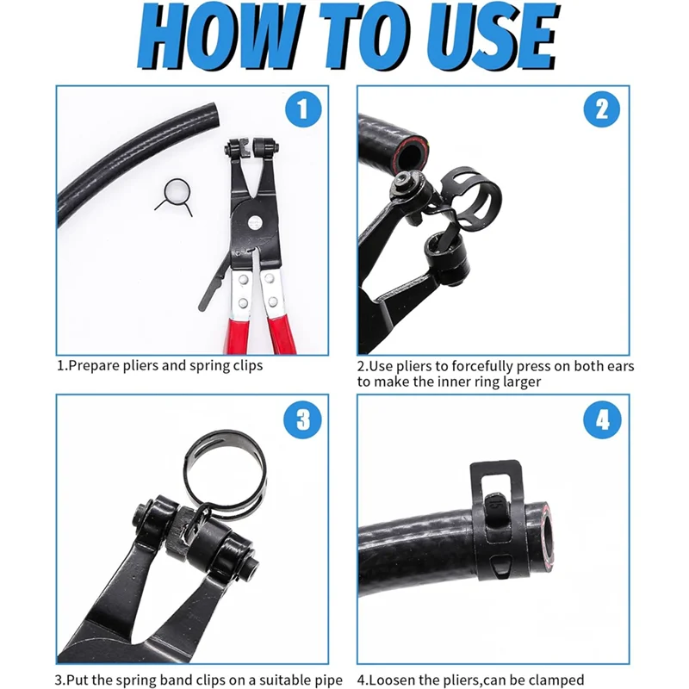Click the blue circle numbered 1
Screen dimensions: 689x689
[x=301, y=109]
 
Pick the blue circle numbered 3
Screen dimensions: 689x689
[x=301, y=419]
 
